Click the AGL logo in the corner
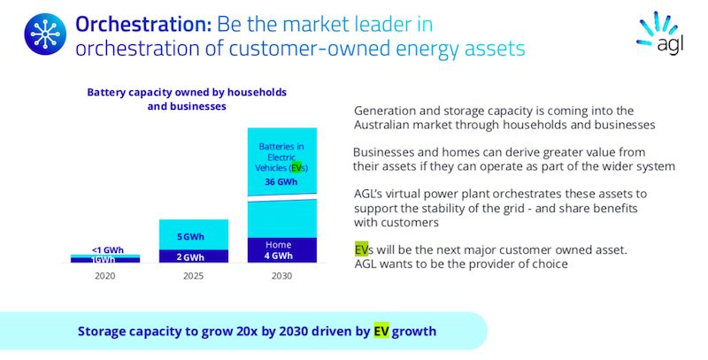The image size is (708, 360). (x=660, y=33)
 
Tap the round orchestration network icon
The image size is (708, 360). (x=45, y=34)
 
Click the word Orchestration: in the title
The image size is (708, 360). (x=143, y=25)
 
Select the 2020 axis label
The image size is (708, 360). (x=104, y=276)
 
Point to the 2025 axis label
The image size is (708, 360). (x=193, y=276)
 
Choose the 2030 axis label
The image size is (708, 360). (x=281, y=276)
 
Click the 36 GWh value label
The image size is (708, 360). (x=281, y=182)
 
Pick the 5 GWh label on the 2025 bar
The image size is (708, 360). (x=190, y=237)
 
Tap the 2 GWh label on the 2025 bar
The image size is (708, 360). (x=190, y=257)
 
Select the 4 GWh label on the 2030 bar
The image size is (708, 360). (x=278, y=256)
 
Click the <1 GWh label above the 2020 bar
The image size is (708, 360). (x=107, y=250)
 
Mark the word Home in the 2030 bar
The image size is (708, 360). (x=278, y=245)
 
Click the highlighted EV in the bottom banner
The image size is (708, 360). (x=381, y=331)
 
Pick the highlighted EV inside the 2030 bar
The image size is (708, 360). (x=296, y=168)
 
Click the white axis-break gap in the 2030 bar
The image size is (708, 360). (x=282, y=197)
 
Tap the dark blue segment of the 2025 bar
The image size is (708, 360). (x=194, y=257)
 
